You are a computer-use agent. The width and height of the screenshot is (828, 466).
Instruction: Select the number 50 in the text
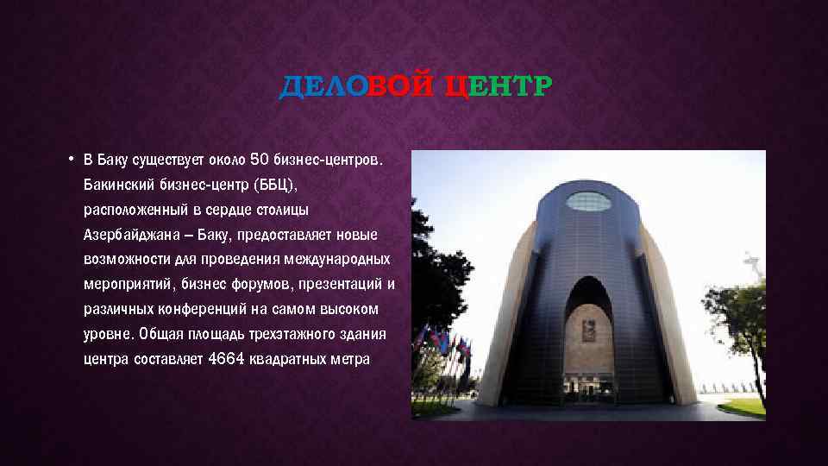coord(259,159)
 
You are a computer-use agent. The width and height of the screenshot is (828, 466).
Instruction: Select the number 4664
coord(226,358)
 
